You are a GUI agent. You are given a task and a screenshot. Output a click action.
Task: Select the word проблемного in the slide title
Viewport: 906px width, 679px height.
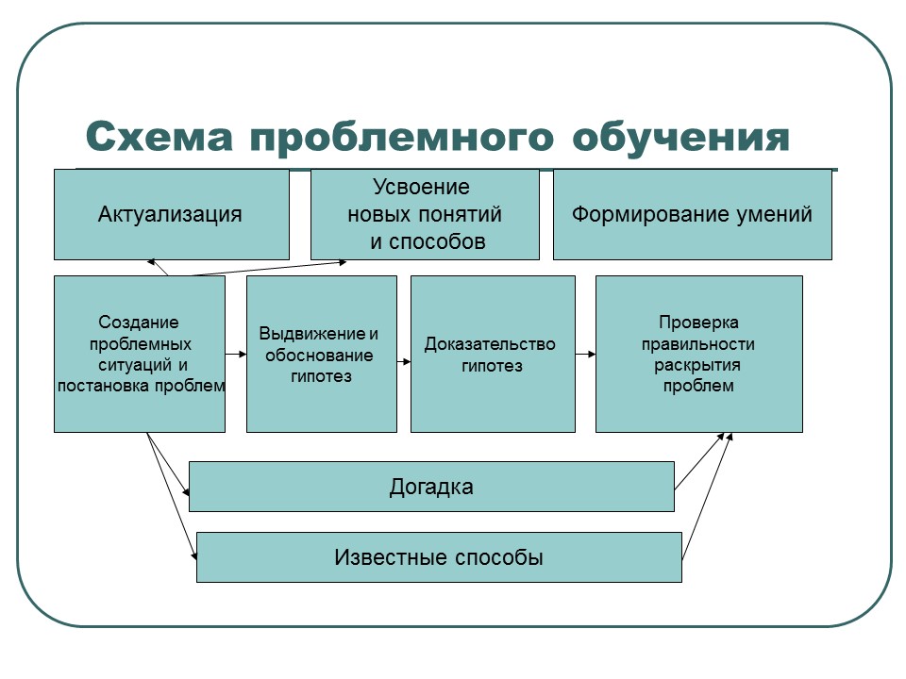401,138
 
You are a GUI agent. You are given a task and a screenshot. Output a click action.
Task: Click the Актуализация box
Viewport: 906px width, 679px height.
171,214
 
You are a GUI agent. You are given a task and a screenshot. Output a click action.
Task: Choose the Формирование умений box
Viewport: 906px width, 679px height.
692,214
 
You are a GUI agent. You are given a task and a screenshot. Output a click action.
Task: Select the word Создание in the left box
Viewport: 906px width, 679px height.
139,323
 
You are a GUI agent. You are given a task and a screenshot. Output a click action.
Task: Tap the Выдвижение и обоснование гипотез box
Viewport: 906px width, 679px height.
321,355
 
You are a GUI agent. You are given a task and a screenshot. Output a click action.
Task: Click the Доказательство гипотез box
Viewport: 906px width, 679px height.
492,355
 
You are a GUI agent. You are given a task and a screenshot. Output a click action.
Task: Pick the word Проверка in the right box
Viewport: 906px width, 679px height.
698,323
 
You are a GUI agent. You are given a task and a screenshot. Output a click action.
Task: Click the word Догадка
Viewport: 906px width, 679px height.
431,488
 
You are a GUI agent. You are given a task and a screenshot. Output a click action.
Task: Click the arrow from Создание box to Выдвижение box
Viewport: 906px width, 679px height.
236,355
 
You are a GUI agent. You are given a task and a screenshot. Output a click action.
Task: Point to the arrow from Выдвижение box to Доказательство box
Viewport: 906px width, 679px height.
404,360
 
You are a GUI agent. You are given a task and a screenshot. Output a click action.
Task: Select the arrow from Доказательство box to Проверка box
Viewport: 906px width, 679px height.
585,355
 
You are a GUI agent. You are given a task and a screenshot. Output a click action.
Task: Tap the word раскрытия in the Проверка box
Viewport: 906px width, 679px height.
698,365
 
